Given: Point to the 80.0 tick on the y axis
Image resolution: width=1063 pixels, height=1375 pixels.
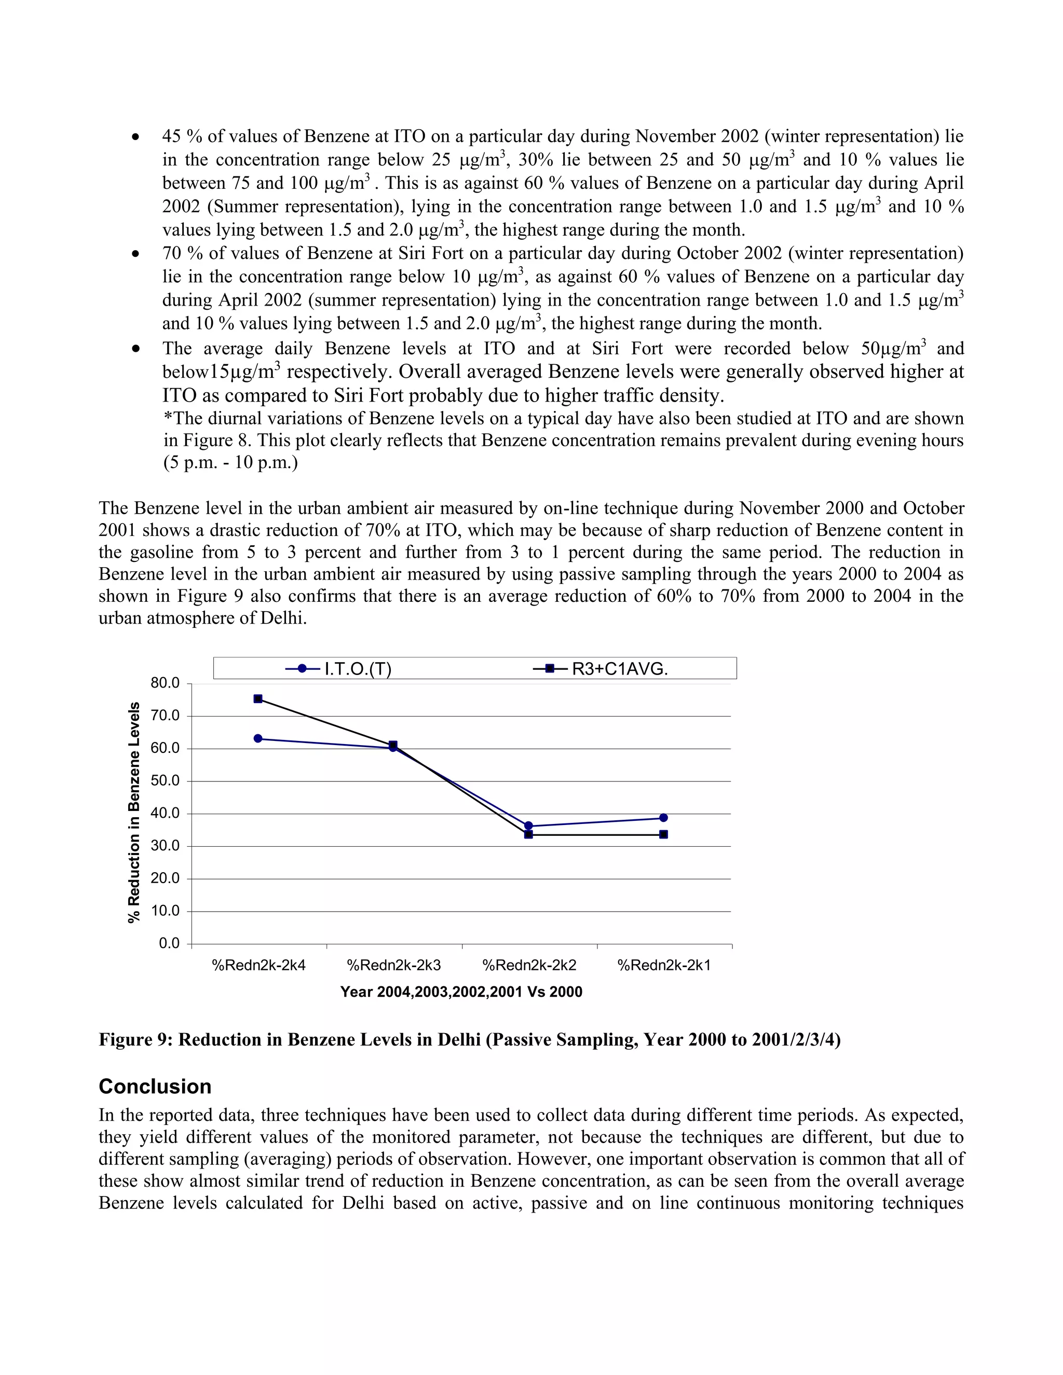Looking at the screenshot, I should [x=165, y=683].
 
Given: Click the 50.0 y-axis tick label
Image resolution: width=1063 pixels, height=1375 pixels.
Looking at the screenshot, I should [x=165, y=781].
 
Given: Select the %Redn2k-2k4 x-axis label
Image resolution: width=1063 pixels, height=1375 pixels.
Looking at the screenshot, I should [x=259, y=965].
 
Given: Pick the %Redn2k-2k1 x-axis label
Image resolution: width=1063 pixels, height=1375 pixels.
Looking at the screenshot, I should [x=664, y=965].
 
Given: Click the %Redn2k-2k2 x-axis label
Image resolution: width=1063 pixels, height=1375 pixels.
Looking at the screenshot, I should [x=529, y=965].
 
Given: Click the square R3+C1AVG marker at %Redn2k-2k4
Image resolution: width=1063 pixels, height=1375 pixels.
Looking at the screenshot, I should [x=257, y=699].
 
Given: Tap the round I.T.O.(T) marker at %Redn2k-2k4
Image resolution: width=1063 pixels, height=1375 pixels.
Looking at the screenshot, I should [x=257, y=738].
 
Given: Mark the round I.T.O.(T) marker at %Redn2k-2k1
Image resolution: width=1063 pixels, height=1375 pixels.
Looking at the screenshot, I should [x=663, y=818].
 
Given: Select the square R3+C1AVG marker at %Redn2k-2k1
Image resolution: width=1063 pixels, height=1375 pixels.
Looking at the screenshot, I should [x=663, y=834].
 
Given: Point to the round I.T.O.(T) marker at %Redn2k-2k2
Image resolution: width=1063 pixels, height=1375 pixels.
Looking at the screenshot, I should [x=528, y=826].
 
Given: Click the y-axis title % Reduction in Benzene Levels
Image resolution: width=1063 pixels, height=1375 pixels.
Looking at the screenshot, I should [x=133, y=813].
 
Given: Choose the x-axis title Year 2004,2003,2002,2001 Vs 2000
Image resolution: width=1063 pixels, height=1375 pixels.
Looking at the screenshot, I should [x=461, y=992].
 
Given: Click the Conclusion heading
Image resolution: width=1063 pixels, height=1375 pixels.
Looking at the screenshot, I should [x=155, y=1087].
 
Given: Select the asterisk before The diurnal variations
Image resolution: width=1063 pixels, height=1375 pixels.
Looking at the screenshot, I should [x=168, y=418].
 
